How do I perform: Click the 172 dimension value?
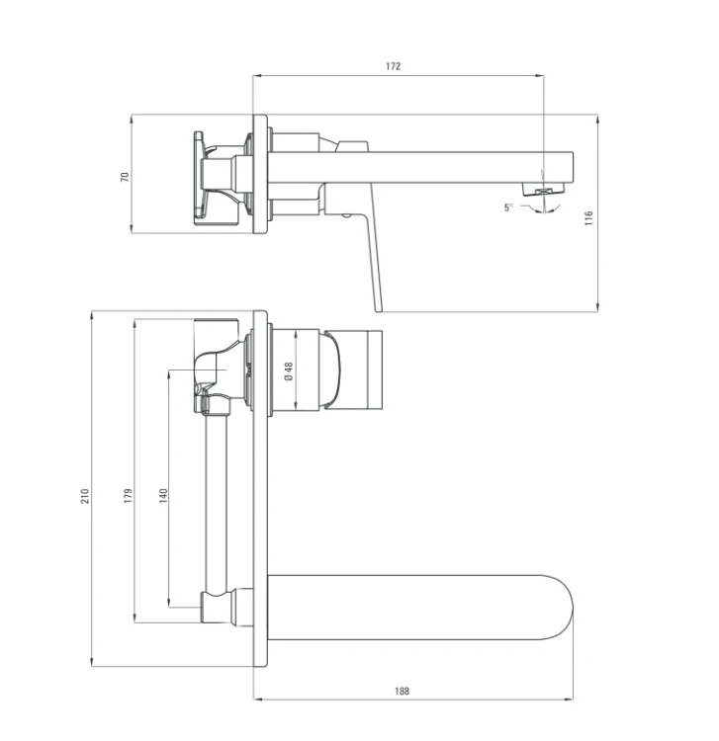tap(393, 66)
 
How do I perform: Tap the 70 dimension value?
tap(125, 177)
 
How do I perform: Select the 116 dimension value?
tap(588, 218)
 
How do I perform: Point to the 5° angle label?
tap(508, 207)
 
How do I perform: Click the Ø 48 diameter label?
tap(289, 370)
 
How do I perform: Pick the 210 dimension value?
tap(85, 496)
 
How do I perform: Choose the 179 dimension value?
tap(129, 496)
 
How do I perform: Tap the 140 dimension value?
tap(163, 496)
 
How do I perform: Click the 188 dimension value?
tap(402, 691)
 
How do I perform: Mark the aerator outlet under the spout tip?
tap(544, 190)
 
